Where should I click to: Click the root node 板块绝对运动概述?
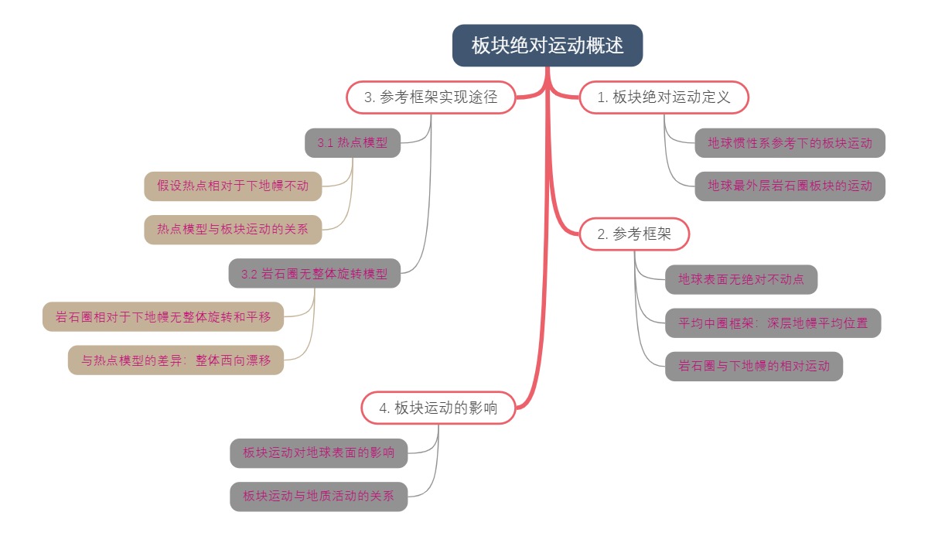pos(548,46)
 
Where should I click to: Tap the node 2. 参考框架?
pos(633,234)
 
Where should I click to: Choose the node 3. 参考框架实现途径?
pos(430,97)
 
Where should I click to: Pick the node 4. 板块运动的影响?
pos(438,408)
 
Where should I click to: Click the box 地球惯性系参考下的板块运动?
pos(790,143)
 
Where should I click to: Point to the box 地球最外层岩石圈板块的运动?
pos(790,186)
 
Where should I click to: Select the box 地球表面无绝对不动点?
pos(741,279)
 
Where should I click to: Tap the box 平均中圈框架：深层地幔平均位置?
pos(773,323)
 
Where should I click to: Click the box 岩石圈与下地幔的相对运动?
pos(753,366)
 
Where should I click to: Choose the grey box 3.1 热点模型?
pos(353,143)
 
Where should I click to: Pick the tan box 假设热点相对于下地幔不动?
pos(233,186)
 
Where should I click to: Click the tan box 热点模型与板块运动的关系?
pos(233,229)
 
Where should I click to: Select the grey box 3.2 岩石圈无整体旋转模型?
pos(314,274)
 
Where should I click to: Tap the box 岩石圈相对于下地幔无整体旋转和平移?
pos(162,316)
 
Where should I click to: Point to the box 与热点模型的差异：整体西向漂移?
pos(176,360)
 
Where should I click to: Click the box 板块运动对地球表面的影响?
pos(319,452)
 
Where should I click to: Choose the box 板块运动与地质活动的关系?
pos(319,496)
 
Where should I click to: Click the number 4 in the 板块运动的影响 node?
pos(384,408)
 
